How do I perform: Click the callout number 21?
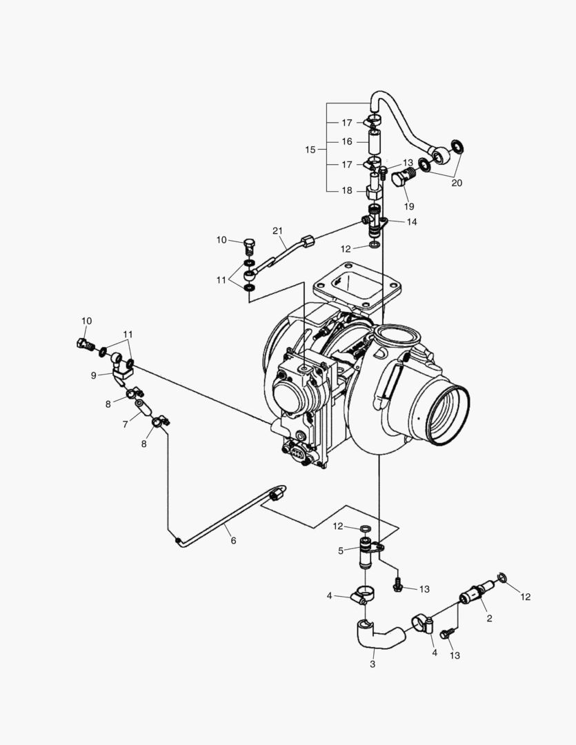[278, 230]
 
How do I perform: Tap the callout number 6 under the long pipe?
[233, 540]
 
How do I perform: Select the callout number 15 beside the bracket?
[310, 149]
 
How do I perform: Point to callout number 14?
[412, 222]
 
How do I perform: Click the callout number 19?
[409, 206]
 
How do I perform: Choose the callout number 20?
[457, 183]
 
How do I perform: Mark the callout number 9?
[94, 375]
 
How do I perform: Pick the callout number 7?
[126, 425]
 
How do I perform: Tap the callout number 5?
[341, 550]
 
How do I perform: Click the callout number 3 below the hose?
[373, 664]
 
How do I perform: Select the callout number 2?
[489, 618]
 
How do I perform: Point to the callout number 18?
[346, 190]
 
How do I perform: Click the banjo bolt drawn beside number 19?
[401, 179]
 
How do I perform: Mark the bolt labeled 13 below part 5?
[397, 586]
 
